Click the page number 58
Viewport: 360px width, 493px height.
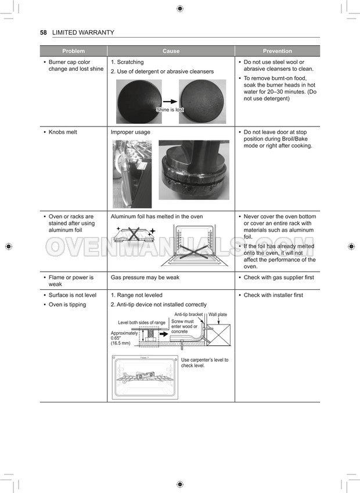[x=43, y=33]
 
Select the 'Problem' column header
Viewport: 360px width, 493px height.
[x=73, y=51]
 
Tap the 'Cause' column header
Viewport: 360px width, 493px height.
[x=171, y=51]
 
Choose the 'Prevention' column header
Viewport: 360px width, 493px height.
[x=277, y=51]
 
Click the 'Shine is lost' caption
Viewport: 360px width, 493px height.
[x=170, y=110]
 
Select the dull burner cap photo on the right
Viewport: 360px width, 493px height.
[x=202, y=102]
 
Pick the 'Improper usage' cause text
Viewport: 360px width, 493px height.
[x=130, y=132]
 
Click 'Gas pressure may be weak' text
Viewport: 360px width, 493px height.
[x=145, y=278]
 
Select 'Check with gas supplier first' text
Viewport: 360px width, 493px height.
[x=279, y=278]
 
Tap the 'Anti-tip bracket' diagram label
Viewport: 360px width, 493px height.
[x=188, y=315]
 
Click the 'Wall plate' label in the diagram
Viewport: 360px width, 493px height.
[x=218, y=315]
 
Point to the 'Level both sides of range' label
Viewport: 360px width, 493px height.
[x=142, y=323]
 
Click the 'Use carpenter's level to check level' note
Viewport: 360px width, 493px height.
[x=204, y=363]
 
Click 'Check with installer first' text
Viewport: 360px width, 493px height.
[x=273, y=295]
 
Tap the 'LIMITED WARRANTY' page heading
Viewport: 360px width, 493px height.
[x=83, y=33]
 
